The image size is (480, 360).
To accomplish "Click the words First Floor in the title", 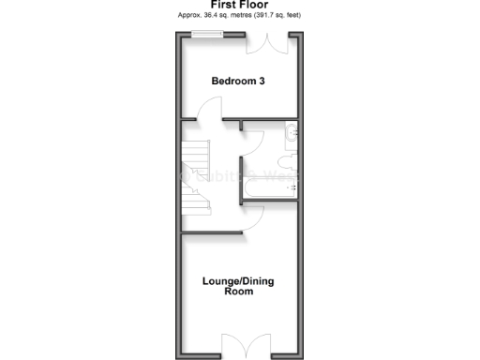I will tap(239, 5).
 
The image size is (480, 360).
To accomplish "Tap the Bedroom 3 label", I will tap(238, 82).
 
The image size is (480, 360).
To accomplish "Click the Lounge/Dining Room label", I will tap(239, 286).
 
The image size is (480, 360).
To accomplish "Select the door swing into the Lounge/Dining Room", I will tap(251, 219).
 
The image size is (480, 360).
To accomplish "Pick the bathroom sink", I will tap(292, 133).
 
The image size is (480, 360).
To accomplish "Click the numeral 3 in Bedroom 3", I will tap(262, 82).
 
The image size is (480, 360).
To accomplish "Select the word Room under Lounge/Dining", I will tap(239, 292).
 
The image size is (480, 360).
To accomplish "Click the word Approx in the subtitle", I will tap(187, 16).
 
